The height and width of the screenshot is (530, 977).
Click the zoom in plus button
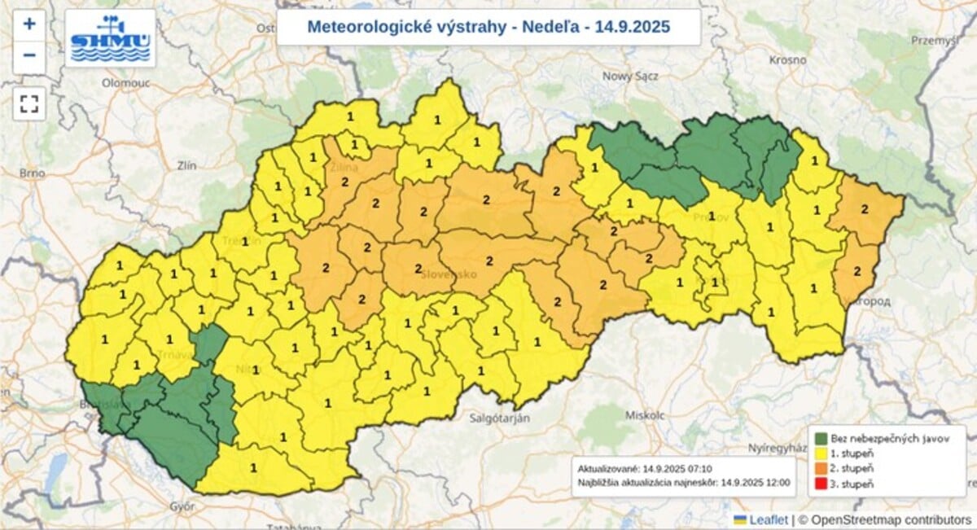pos(29,24)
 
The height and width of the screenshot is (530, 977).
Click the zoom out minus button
pos(29,55)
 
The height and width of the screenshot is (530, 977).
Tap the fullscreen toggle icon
pos(29,103)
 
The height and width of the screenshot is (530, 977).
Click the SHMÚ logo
pos(110,38)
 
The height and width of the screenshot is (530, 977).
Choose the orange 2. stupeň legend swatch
pos(821,469)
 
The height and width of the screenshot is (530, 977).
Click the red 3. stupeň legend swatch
pos(821,484)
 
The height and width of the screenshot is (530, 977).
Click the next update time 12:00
pos(777,482)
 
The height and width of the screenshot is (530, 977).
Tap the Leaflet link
pos(768,519)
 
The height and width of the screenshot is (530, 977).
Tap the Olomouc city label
pos(121,82)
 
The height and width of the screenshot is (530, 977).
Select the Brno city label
pos(31,173)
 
